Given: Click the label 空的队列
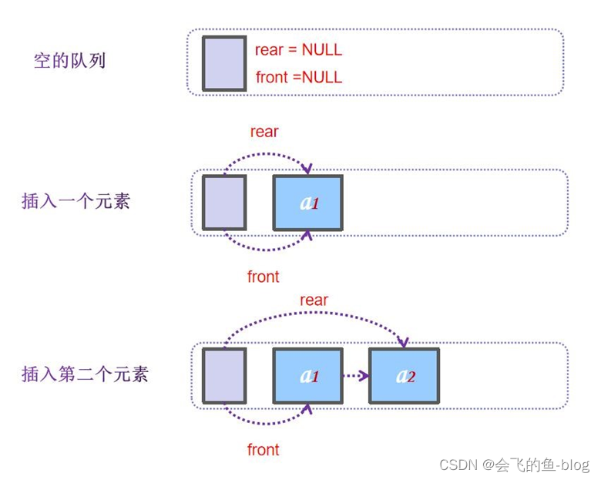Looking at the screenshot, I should [69, 61].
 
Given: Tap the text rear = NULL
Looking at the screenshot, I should [298, 50].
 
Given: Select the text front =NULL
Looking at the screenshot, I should [298, 77].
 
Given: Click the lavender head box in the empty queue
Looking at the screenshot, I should [224, 63].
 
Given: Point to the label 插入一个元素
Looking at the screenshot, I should [76, 202].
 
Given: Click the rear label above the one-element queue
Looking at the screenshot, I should [264, 132].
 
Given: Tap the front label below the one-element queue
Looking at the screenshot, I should [263, 277].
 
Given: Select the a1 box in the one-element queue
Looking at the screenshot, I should [307, 203].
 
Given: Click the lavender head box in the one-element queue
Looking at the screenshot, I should [224, 203].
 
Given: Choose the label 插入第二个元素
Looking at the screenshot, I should [85, 374].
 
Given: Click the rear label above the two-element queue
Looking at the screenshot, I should [314, 300].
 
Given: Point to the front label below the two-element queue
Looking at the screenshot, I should [263, 449].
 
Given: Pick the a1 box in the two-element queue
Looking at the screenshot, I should [307, 376].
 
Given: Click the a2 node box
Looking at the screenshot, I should [404, 376].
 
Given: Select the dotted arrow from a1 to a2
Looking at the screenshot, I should [354, 376].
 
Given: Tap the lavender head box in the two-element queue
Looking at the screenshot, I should [224, 376].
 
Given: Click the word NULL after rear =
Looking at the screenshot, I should [321, 50].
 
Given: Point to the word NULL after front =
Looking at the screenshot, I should [321, 77].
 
